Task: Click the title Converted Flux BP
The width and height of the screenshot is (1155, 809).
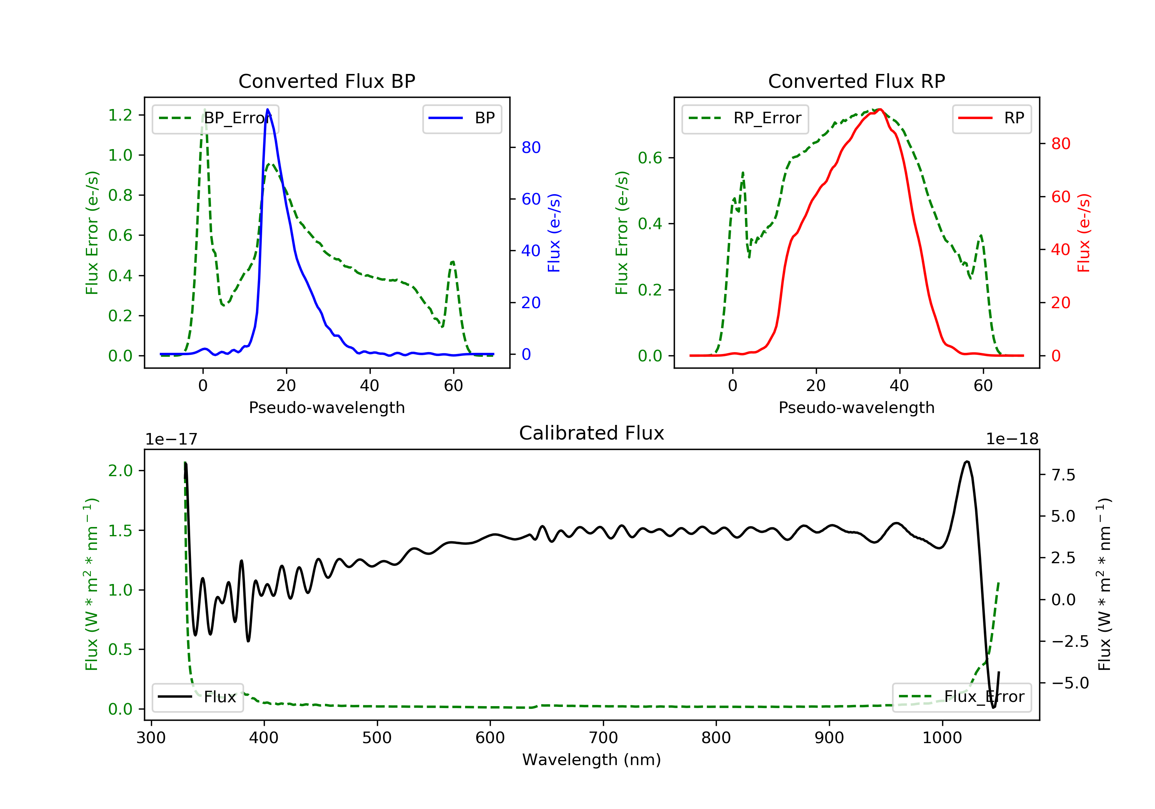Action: [326, 81]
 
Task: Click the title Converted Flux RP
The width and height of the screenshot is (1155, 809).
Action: [856, 81]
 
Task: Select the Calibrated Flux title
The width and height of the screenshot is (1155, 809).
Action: [592, 433]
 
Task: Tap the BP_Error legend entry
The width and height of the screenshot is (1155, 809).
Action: [215, 118]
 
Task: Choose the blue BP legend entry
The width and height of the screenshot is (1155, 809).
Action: [462, 118]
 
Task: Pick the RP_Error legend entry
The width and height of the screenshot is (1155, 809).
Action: [745, 118]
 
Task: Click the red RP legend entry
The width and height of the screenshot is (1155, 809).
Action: [991, 118]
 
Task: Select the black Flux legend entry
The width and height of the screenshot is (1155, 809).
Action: [197, 697]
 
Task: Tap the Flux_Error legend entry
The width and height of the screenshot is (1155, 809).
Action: [961, 697]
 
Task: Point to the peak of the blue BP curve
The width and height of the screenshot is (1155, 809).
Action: [268, 109]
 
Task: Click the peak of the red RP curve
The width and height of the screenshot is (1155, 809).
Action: [880, 109]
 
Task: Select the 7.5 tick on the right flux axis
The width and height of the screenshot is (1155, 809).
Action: [1063, 475]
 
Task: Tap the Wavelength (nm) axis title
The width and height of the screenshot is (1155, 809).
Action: [592, 760]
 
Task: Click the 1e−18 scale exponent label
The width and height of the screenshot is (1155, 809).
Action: [1012, 439]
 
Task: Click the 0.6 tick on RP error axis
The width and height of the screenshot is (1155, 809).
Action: [650, 158]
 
